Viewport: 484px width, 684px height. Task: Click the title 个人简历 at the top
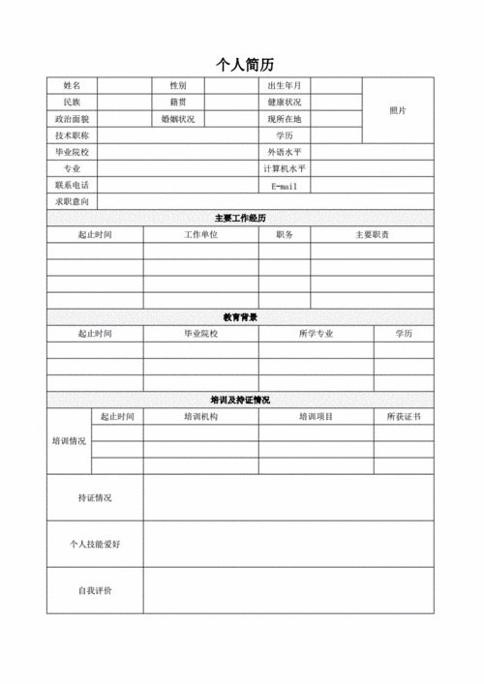245,65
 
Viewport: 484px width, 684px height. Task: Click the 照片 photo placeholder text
398,111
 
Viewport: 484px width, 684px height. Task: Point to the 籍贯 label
178,103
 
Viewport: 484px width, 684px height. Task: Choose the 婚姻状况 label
178,119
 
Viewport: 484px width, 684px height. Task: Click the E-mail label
285,186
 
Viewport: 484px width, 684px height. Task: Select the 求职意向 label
73,202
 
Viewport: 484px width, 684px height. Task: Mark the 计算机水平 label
285,169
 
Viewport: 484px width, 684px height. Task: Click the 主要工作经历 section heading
240,219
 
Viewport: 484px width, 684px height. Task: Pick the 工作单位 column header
201,235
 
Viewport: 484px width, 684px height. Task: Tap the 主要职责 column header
372,235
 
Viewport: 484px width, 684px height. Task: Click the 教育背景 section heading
240,317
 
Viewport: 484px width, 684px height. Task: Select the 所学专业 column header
316,334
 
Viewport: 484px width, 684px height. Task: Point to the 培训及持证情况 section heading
240,400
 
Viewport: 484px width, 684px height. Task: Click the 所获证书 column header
404,417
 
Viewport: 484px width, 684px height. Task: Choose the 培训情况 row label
69,441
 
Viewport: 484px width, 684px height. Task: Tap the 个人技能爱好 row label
95,545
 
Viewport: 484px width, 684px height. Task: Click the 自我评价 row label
95,590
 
